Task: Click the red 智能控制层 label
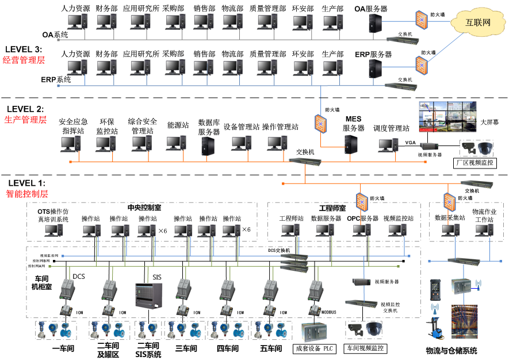[26, 194]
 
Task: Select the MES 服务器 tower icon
[352, 145]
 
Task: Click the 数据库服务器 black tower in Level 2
[208, 146]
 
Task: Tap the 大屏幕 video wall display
[447, 121]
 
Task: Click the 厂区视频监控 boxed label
[475, 163]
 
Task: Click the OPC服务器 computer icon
[362, 231]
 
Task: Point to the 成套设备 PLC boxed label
[314, 348]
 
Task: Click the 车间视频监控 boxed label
[365, 348]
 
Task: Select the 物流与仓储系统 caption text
[451, 351]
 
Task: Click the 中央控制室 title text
[144, 208]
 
